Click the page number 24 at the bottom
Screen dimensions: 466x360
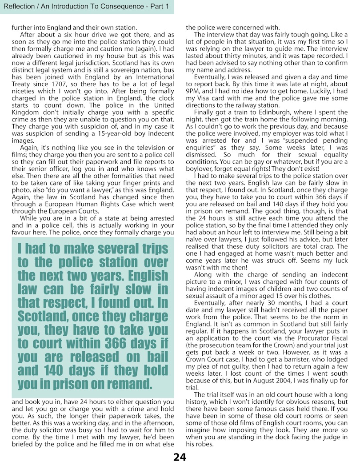pyautogui.click(x=180, y=457)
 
